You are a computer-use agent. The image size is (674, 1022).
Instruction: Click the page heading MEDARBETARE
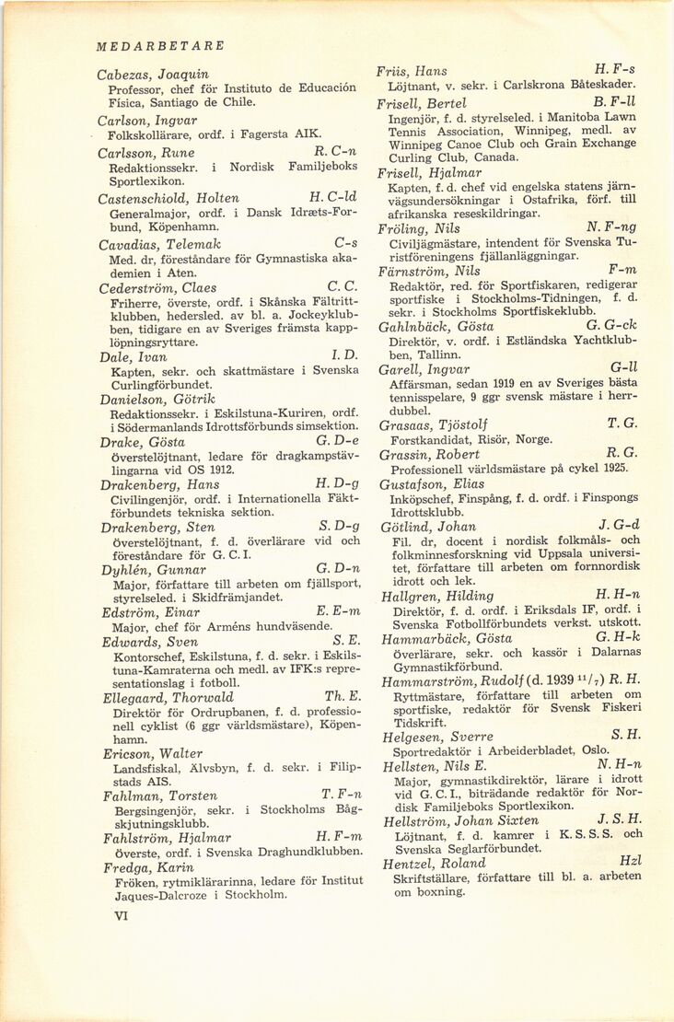click(160, 45)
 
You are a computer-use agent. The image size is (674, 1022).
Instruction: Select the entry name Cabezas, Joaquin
click(153, 74)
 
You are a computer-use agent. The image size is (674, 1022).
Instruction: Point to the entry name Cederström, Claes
click(157, 288)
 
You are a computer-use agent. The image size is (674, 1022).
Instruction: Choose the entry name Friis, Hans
click(413, 71)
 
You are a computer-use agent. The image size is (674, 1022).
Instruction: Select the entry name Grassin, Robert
click(429, 455)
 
